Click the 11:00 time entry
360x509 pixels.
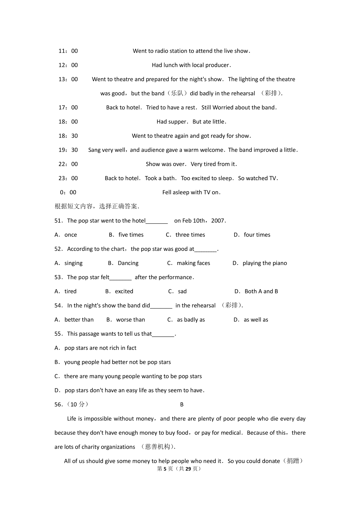pos(68,51)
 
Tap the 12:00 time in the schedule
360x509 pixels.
pos(68,65)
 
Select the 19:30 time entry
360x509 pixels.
pos(68,150)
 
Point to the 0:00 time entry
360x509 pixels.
pos(68,192)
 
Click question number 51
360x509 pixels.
pos(58,221)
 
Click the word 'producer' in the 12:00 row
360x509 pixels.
pos(218,65)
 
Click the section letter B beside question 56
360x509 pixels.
pos(182,405)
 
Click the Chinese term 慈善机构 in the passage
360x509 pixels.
pos(157,447)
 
